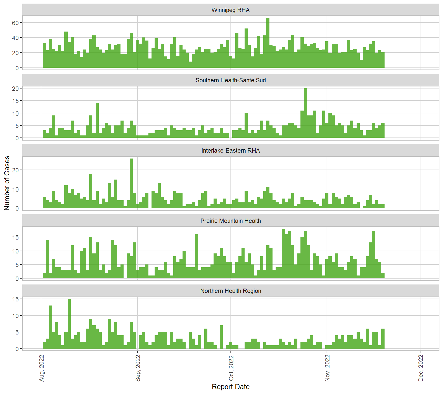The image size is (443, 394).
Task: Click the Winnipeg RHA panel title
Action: point(230,10)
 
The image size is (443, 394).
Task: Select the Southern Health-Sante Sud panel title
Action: point(230,80)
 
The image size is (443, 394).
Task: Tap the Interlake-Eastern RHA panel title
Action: point(230,151)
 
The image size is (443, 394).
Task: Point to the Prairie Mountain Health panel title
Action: point(230,221)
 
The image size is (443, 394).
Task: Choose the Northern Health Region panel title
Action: point(230,291)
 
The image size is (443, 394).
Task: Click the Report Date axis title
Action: point(230,387)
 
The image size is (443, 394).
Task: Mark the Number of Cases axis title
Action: point(7,183)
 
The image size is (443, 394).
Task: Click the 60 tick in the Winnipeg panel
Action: point(15,23)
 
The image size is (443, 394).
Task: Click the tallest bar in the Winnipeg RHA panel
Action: point(268,43)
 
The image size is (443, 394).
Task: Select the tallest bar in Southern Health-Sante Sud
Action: point(305,113)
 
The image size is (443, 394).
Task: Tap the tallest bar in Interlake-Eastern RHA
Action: point(131,183)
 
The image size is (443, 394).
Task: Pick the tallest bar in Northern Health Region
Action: point(69,324)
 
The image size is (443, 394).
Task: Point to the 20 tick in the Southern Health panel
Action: point(15,88)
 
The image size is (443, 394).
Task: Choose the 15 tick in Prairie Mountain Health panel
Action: point(15,237)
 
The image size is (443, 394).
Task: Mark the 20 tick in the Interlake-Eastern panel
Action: point(15,170)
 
